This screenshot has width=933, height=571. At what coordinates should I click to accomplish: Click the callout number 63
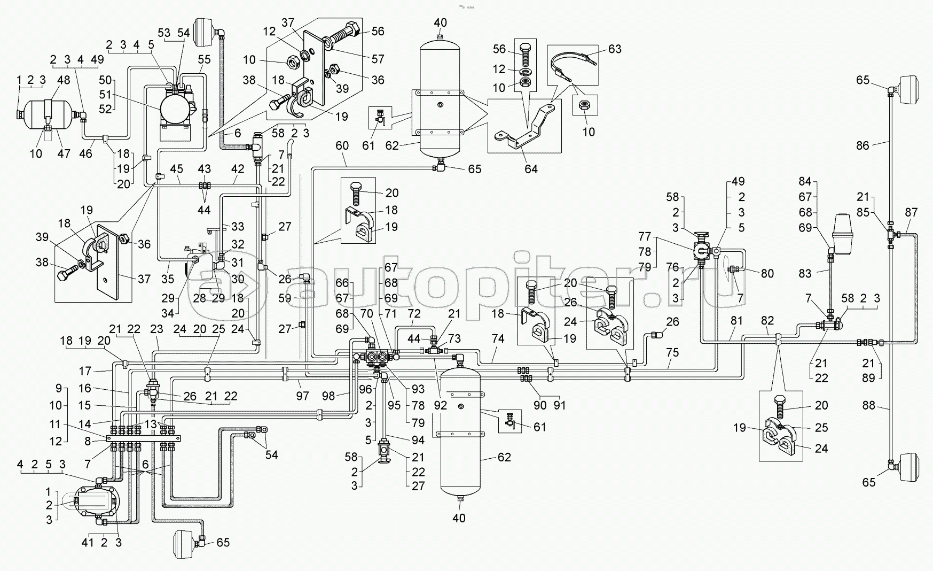(x=615, y=49)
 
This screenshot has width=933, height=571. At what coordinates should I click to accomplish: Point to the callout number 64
(x=531, y=169)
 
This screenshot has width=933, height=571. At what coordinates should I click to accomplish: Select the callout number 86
(x=863, y=145)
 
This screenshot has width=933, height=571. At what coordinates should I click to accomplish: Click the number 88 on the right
(x=869, y=406)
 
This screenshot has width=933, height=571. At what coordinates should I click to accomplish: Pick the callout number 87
(x=911, y=212)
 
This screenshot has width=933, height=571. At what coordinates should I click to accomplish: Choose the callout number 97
(x=303, y=396)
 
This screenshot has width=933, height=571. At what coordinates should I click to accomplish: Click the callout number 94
(x=418, y=441)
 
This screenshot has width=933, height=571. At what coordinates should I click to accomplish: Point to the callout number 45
(x=176, y=169)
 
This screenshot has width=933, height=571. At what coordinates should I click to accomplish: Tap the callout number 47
(x=64, y=154)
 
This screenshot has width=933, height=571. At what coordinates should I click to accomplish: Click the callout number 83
(x=805, y=274)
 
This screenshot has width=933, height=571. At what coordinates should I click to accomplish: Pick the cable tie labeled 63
(x=571, y=64)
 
